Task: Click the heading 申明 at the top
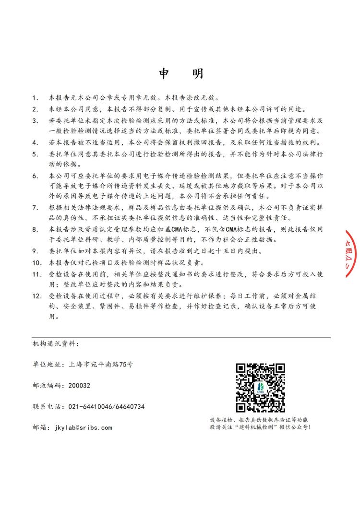(x=181, y=73)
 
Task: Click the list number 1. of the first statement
(x=35, y=98)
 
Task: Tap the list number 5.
(x=35, y=154)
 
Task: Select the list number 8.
(x=35, y=229)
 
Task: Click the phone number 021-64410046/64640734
(x=103, y=406)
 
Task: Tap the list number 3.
(x=35, y=120)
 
